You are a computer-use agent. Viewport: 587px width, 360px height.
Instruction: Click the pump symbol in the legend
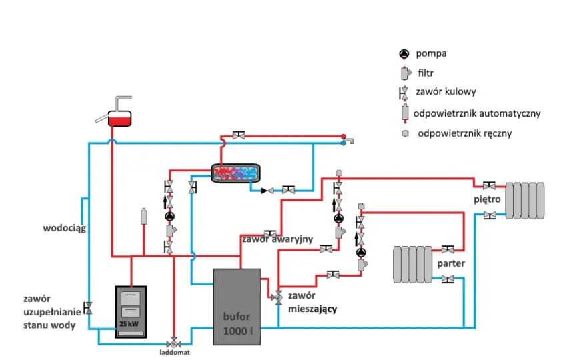coord(404,54)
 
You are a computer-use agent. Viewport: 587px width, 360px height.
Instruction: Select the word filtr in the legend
coord(426,73)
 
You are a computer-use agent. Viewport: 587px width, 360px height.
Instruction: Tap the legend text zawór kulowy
coord(446,92)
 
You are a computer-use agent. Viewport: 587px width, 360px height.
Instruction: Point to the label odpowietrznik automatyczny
coord(476,113)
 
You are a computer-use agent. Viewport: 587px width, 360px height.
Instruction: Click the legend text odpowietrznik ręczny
coord(464,133)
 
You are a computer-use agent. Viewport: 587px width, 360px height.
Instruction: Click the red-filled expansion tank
coord(120,118)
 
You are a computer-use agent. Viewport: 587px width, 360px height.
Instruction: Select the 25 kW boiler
coord(131,312)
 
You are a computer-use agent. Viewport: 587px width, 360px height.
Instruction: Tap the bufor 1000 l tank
coord(237,307)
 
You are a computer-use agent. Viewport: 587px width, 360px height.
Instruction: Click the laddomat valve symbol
coord(173,343)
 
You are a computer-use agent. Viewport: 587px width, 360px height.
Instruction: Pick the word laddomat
coord(175,353)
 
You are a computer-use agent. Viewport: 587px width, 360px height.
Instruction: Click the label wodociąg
coord(65,228)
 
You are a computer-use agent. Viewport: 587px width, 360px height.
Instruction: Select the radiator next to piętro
coord(524,201)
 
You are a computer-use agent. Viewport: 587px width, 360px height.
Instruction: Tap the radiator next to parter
coord(412,264)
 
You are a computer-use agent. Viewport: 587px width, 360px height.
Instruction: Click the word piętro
coord(487,199)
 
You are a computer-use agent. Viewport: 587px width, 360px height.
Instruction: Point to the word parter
coord(451,263)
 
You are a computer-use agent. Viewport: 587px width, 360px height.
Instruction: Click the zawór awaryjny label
coord(277,239)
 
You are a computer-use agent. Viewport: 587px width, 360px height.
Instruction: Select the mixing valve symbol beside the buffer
coord(277,297)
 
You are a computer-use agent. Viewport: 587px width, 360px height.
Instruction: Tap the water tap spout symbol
coord(349,141)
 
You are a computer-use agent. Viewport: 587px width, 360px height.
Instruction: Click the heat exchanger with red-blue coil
coord(236,173)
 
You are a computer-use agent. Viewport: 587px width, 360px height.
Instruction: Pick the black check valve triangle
coord(265,191)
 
